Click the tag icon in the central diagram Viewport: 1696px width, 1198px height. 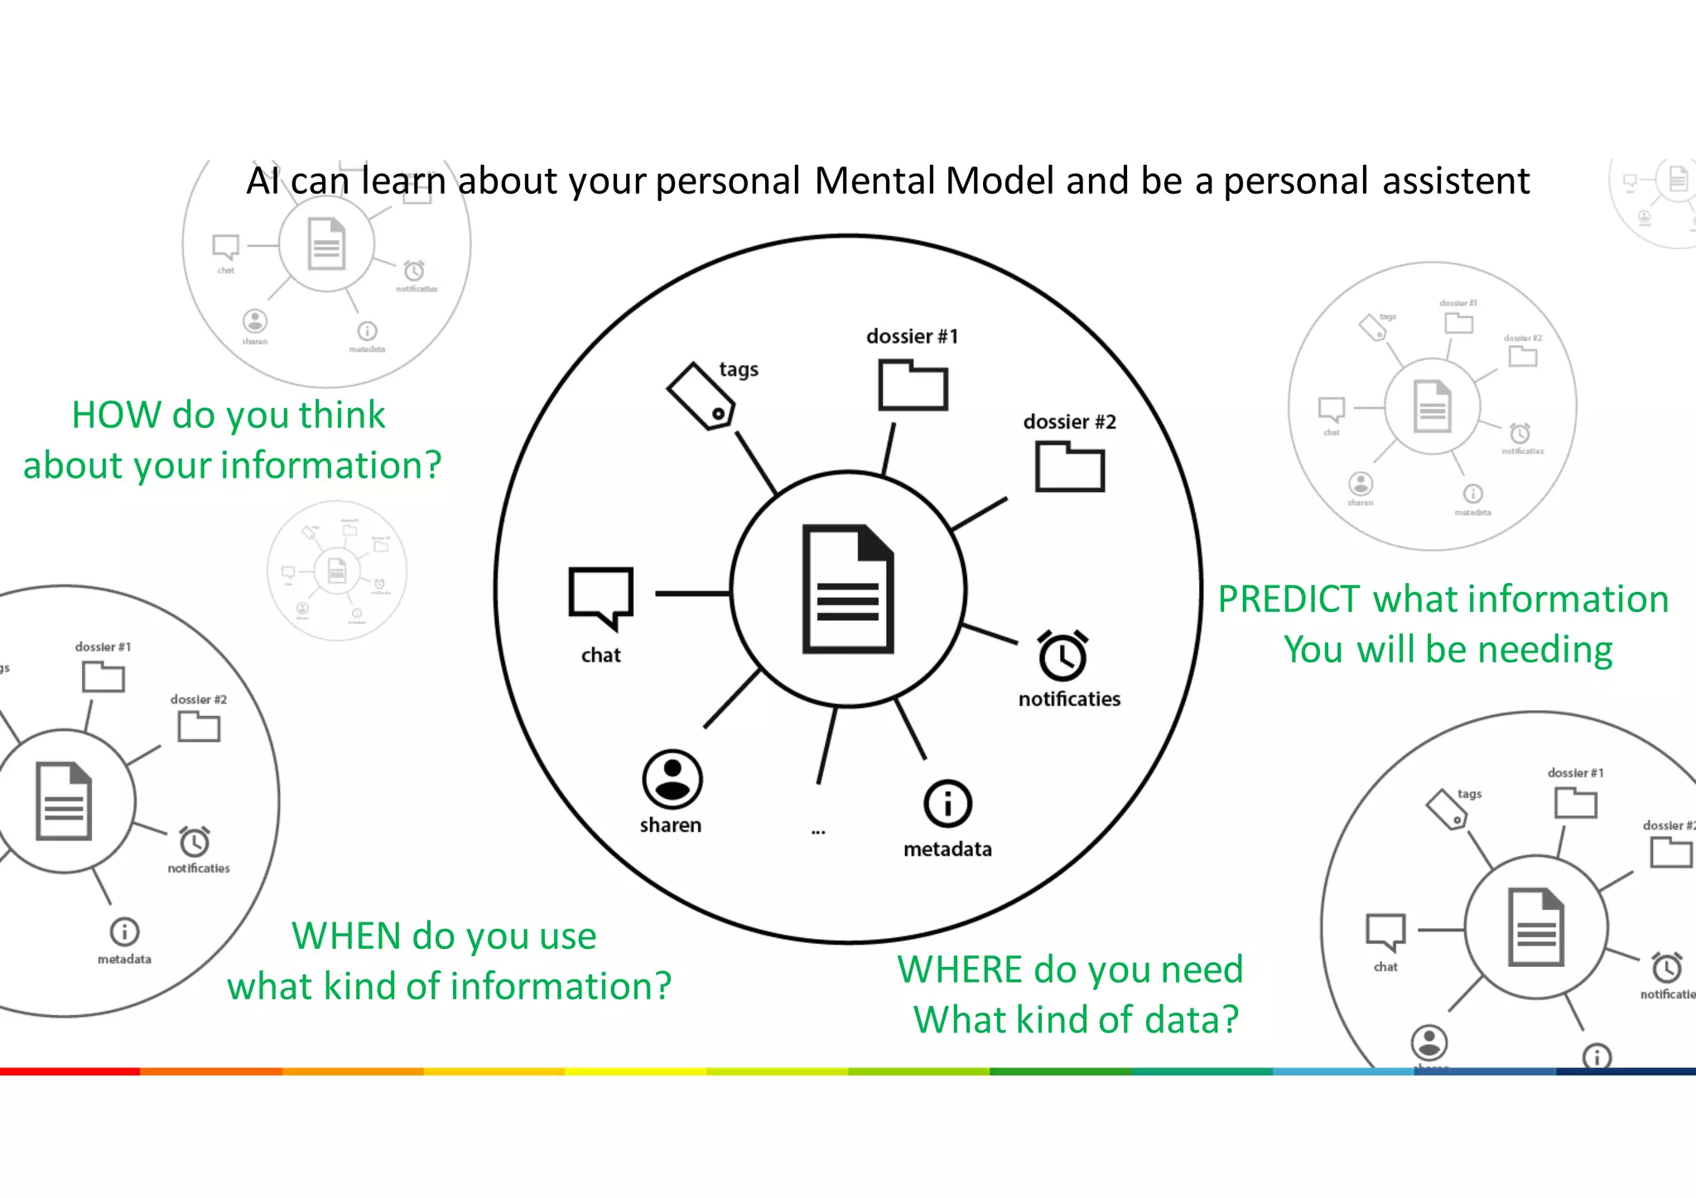click(701, 396)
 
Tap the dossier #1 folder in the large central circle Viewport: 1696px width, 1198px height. click(913, 385)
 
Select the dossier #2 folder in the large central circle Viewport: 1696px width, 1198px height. click(1069, 467)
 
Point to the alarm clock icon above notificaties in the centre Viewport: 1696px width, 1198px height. click(1063, 656)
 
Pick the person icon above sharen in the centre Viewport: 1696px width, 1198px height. click(672, 779)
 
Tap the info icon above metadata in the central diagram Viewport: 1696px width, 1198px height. click(947, 803)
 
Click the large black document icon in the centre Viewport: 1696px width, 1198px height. click(848, 589)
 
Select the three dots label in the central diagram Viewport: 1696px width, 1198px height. click(818, 831)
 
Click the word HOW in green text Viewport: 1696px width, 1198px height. click(115, 415)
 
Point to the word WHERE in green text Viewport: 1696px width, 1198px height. click(960, 969)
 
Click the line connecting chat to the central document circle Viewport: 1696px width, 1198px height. click(692, 594)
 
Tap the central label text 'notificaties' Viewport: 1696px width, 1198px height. click(1069, 700)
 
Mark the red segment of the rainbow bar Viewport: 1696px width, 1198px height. click(70, 1071)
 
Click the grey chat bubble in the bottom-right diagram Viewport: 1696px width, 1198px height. click(1385, 932)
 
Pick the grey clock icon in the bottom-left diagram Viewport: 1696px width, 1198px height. click(195, 842)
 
